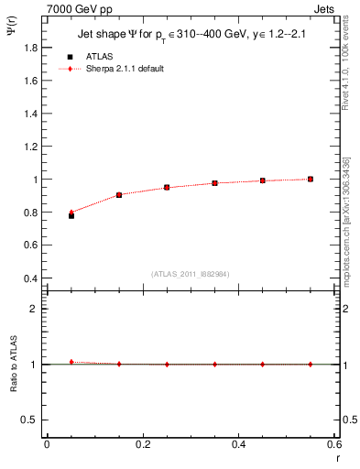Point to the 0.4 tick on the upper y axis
31,278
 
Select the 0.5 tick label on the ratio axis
31,420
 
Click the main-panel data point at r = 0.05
71,215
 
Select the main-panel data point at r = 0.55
311,179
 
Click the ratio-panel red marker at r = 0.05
71,362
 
